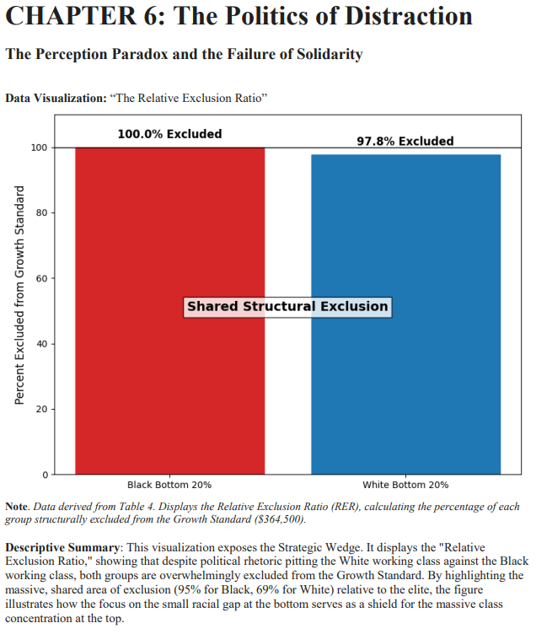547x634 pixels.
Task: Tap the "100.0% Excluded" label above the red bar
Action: tap(169, 134)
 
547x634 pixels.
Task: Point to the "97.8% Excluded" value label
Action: tap(405, 141)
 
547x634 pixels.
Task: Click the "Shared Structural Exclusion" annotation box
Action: tap(287, 306)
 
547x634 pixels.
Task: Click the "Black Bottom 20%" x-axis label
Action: tap(169, 485)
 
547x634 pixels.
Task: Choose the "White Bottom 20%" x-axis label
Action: tap(405, 485)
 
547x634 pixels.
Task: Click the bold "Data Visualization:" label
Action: tap(55, 99)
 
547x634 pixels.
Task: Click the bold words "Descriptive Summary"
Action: tap(62, 548)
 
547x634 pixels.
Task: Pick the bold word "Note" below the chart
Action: tap(17, 507)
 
